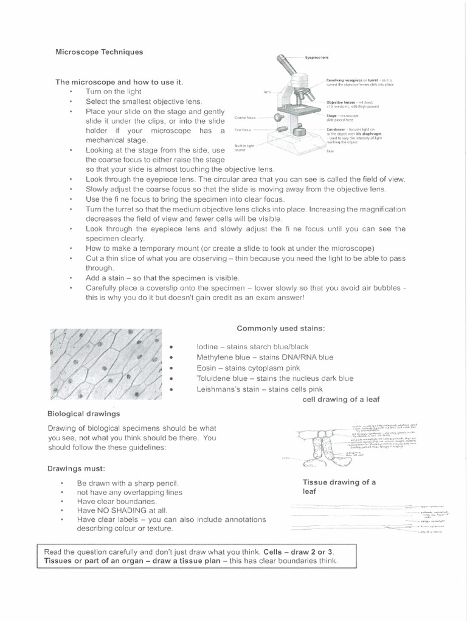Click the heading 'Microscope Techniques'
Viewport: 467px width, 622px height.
99,52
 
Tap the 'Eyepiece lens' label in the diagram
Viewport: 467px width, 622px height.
317,56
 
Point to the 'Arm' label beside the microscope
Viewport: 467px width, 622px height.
266,92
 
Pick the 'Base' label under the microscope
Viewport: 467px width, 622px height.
330,151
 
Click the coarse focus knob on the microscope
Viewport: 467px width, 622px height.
278,118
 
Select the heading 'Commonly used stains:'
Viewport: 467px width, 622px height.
281,328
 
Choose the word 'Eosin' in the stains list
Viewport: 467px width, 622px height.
207,367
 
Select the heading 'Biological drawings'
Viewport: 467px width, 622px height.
83,414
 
